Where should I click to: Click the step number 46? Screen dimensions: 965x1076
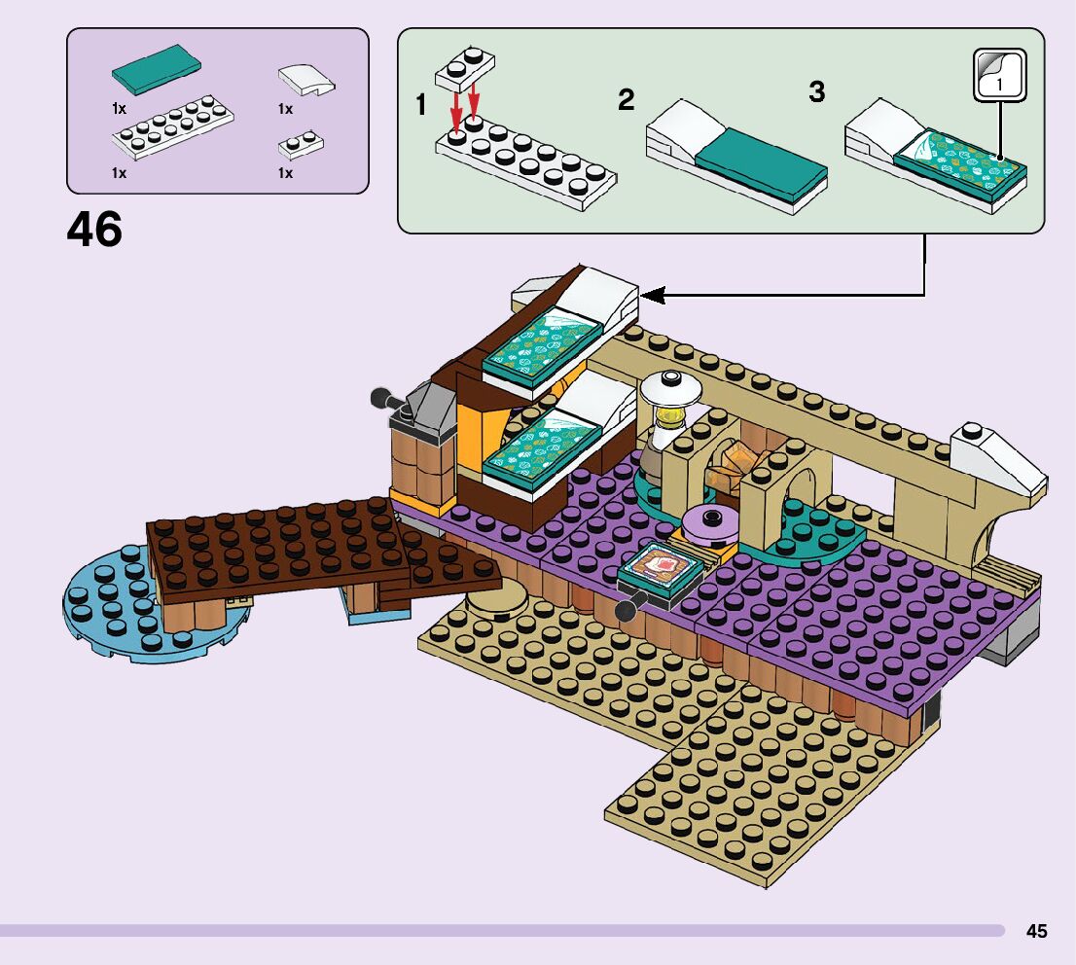click(94, 231)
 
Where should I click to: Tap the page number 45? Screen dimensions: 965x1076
click(1036, 931)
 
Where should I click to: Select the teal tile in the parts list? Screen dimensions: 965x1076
click(157, 69)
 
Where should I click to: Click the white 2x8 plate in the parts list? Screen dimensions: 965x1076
click(172, 126)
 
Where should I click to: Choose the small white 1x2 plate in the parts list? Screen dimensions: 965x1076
click(301, 145)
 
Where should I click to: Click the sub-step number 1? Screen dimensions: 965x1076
click(420, 105)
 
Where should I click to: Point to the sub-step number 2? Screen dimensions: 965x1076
click(626, 99)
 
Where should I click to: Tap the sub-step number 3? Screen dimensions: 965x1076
click(816, 92)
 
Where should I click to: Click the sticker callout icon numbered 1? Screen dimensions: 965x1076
click(1000, 76)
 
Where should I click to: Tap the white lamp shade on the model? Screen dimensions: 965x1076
click(671, 387)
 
